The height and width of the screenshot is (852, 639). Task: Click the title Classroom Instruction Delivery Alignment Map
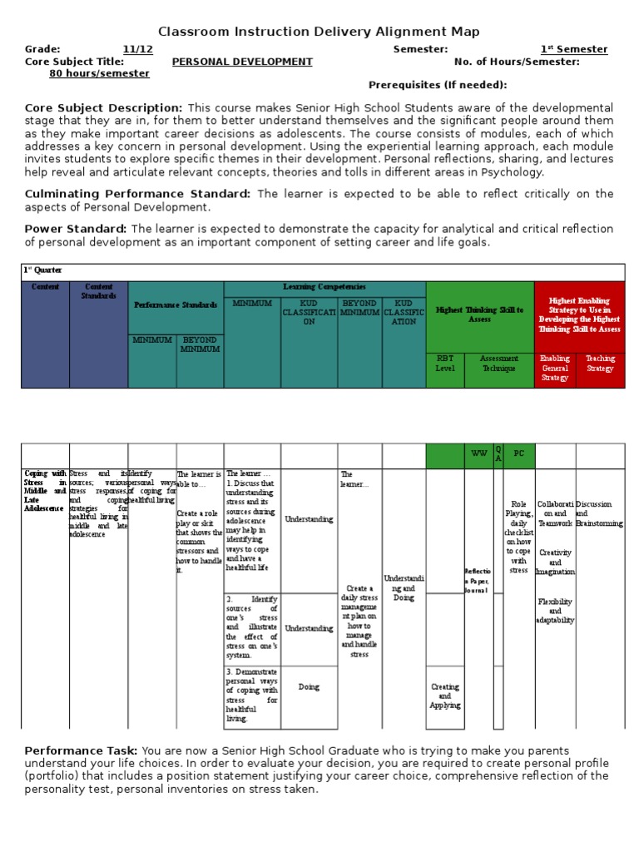click(319, 32)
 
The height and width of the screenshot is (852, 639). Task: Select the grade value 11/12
click(137, 49)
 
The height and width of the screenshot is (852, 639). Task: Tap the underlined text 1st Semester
click(574, 49)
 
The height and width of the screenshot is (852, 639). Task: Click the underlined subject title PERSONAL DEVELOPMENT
click(242, 62)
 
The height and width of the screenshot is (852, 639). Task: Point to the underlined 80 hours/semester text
click(100, 73)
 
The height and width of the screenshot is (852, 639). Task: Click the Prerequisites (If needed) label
click(437, 85)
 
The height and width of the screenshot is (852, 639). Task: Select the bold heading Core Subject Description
click(103, 108)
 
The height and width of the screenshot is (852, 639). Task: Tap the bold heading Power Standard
click(76, 229)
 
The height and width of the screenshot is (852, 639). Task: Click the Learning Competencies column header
click(324, 286)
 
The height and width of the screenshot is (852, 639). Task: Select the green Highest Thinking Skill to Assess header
click(479, 315)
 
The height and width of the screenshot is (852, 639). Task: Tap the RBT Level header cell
click(445, 369)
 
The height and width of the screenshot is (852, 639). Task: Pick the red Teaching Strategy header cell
click(600, 364)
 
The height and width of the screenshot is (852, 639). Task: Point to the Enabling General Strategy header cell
click(555, 369)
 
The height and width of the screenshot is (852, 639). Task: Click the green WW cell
click(478, 454)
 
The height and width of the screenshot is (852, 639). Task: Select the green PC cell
click(519, 454)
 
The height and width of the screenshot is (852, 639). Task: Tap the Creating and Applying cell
click(444, 696)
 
